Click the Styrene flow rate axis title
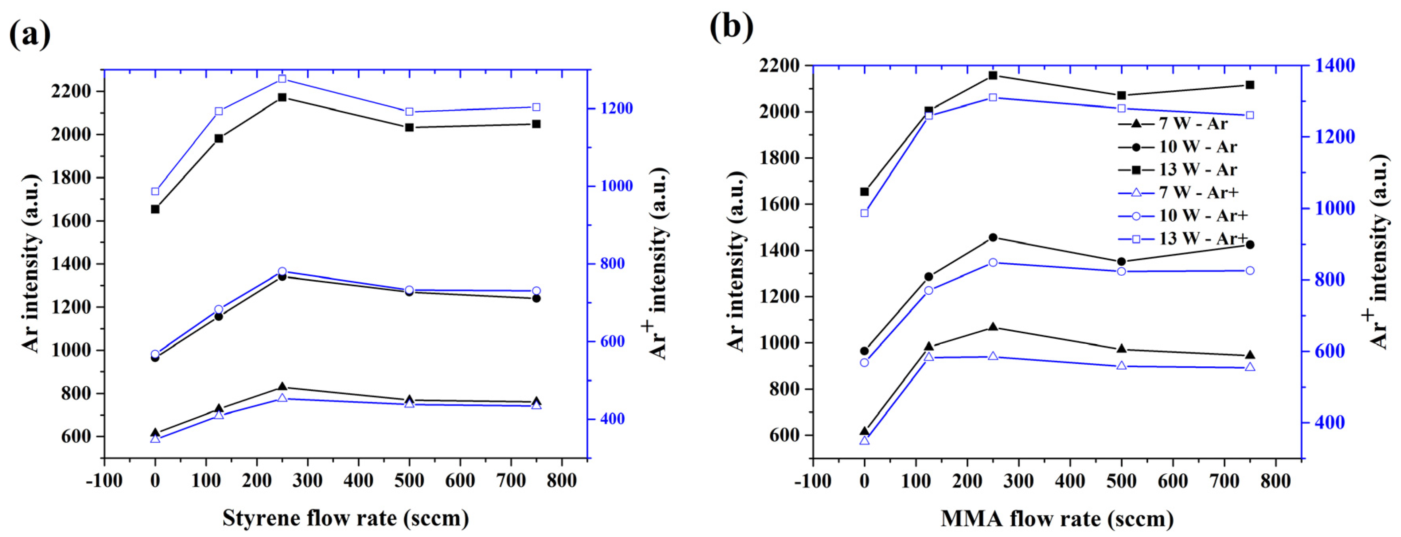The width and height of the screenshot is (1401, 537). [345, 518]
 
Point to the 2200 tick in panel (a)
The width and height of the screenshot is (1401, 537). [71, 91]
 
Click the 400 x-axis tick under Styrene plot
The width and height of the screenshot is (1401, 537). [358, 481]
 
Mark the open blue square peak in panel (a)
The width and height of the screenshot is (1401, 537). [282, 79]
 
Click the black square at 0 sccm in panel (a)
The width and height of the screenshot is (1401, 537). [155, 209]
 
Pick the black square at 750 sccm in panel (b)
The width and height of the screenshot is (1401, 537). [1250, 85]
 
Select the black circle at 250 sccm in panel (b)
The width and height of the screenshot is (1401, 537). [993, 237]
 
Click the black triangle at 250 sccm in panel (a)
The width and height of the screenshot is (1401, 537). [282, 387]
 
